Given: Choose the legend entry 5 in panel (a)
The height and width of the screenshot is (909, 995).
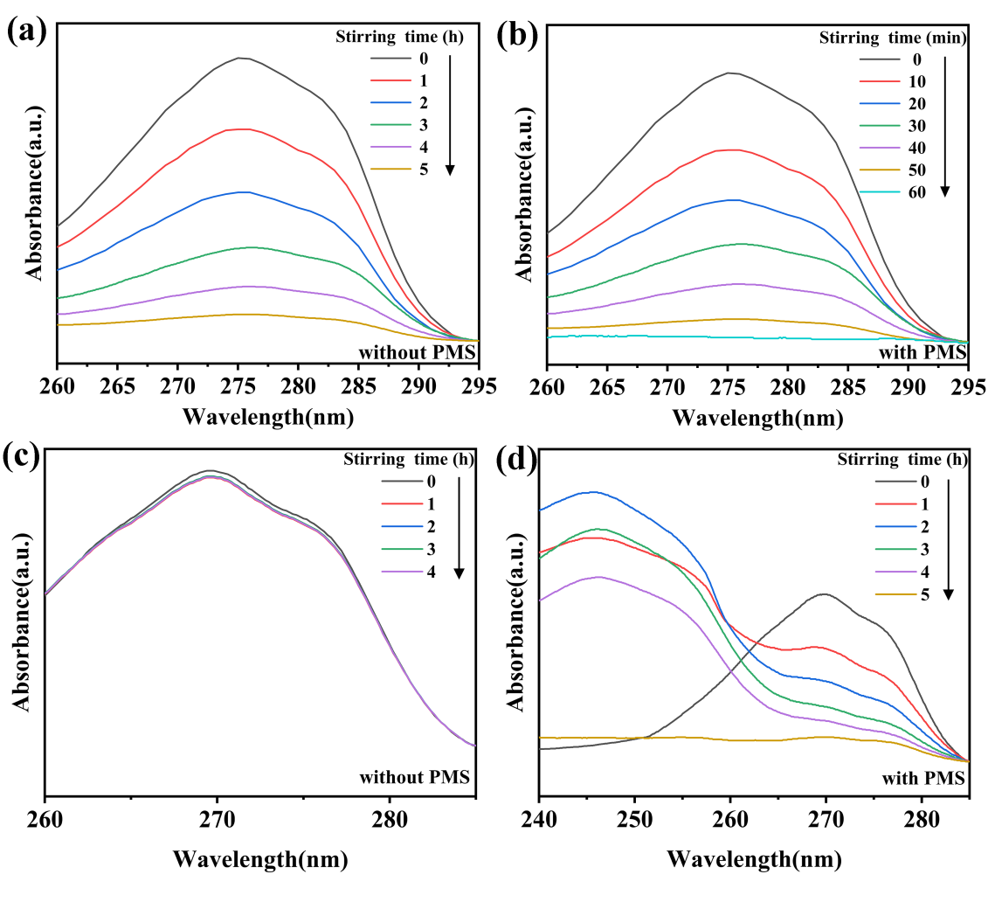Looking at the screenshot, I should (x=424, y=170).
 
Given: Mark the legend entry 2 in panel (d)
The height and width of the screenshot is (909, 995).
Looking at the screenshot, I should (x=922, y=527).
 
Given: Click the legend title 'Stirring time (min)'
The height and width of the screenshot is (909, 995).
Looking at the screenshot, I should (x=892, y=38).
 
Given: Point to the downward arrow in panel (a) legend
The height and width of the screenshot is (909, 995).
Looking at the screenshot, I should (x=451, y=114).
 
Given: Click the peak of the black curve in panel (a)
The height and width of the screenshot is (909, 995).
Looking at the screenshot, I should (x=240, y=58).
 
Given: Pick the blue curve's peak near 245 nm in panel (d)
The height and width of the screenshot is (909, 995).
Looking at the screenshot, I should (x=594, y=491).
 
